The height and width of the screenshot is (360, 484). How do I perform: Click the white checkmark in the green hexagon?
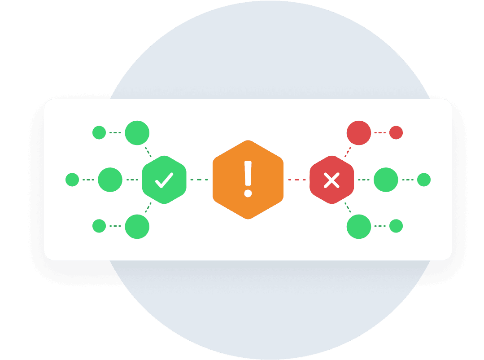[164, 180]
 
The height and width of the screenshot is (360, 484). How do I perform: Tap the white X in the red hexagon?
[331, 180]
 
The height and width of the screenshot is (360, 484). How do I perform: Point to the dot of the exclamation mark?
[248, 193]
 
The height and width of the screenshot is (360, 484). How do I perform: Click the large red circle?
[359, 133]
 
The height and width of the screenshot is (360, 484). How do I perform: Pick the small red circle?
[396, 133]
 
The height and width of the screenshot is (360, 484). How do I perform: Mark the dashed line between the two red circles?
[380, 133]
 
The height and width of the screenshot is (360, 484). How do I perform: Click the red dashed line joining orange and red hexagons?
[297, 180]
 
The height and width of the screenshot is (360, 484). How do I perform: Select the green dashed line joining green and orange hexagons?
[199, 180]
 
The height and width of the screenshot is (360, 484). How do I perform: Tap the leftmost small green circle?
[72, 180]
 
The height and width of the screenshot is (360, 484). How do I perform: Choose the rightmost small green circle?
[423, 180]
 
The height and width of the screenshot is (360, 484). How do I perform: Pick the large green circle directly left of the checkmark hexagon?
[110, 180]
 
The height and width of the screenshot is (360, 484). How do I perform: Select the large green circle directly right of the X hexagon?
[386, 180]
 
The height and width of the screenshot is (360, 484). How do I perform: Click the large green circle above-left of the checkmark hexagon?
[137, 133]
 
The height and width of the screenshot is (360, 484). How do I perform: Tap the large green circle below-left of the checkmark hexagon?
[137, 226]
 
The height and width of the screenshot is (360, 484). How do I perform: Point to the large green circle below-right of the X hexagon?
[359, 226]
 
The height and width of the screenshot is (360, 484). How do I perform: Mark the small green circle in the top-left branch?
[99, 133]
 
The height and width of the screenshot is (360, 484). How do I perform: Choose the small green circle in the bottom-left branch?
[99, 226]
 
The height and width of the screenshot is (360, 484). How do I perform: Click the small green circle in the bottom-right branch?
[396, 226]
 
